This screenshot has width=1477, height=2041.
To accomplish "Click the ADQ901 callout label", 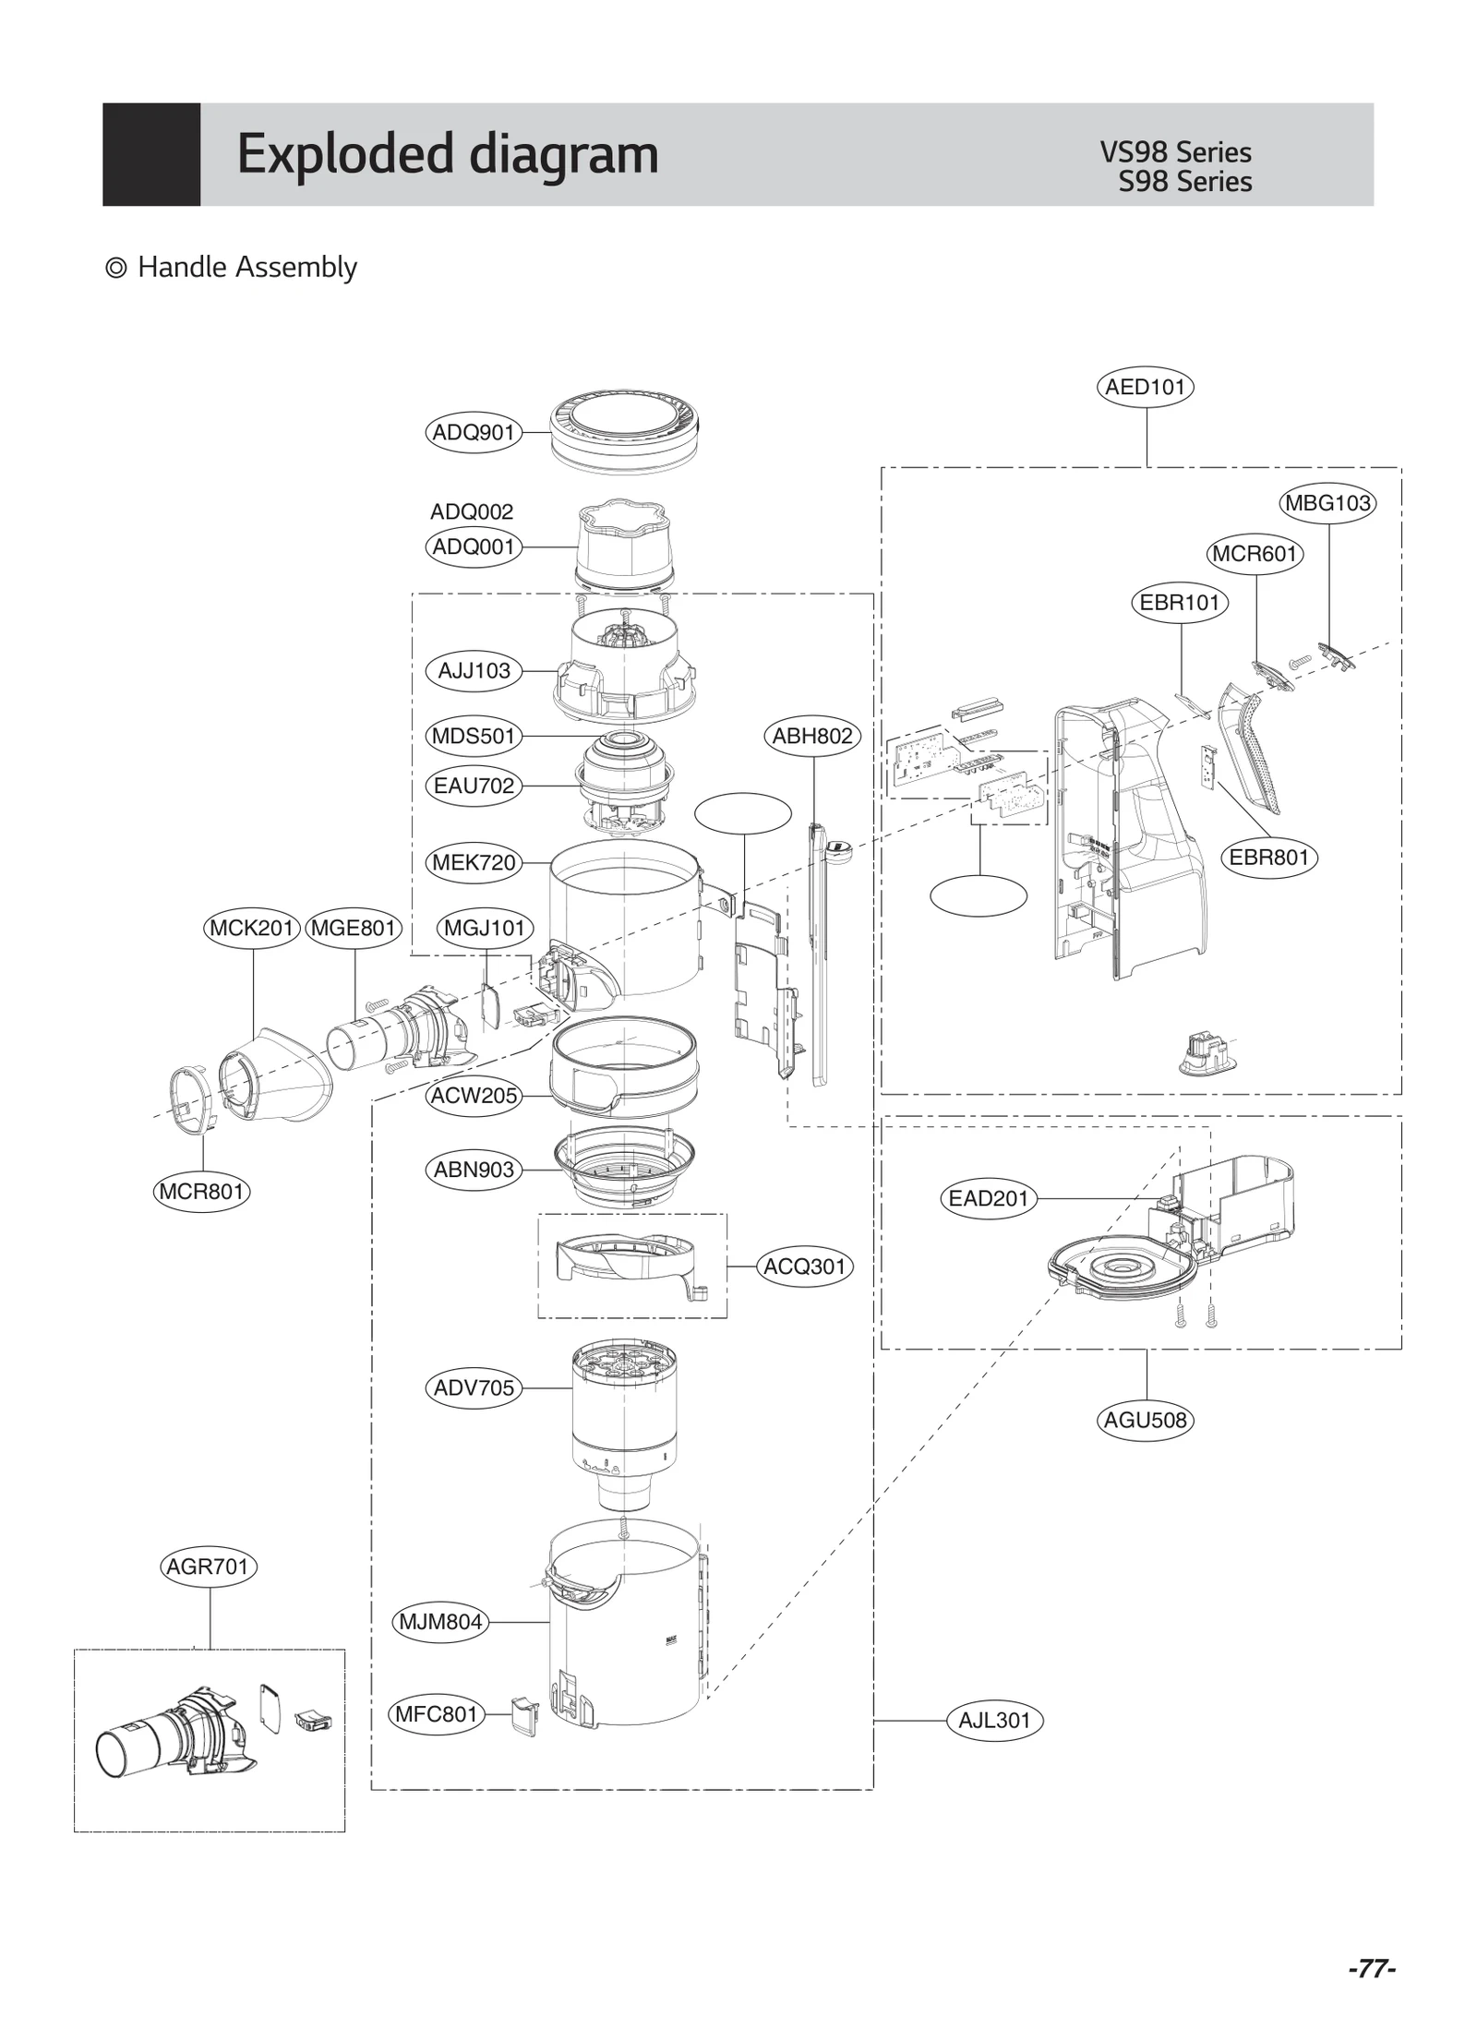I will click(474, 432).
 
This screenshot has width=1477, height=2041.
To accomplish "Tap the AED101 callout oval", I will click(1145, 387).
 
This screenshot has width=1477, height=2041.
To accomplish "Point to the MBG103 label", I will click(1327, 503).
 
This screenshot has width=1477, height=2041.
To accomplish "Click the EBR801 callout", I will click(1268, 858).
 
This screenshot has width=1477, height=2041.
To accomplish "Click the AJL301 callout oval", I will click(994, 1721).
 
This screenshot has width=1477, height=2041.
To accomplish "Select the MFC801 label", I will click(436, 1714).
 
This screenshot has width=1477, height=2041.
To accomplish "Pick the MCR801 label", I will click(201, 1192).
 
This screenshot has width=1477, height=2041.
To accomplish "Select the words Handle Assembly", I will click(246, 268).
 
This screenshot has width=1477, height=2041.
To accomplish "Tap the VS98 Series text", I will click(1175, 152).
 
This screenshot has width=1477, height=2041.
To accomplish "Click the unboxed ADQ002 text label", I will click(472, 511).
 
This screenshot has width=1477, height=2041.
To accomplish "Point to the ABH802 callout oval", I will click(812, 736).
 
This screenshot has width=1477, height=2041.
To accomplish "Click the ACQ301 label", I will click(804, 1267).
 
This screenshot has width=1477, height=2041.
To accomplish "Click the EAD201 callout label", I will click(988, 1199).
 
